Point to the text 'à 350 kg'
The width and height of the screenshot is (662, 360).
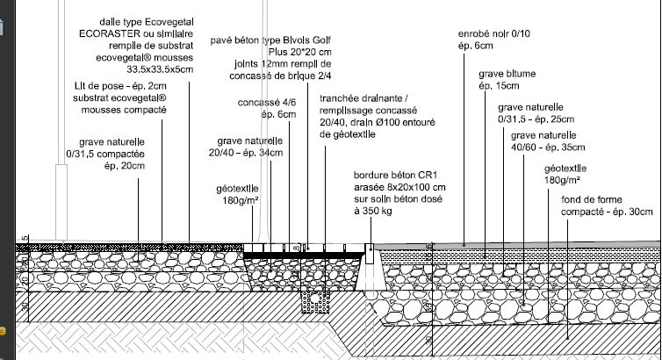371,211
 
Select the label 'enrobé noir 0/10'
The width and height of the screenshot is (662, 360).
495,34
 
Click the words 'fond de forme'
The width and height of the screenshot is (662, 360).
590,200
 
